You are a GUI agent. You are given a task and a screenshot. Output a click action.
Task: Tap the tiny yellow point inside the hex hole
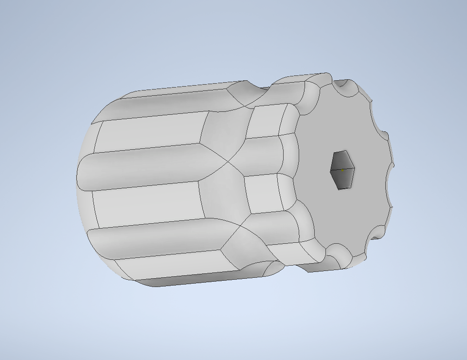tap(342, 170)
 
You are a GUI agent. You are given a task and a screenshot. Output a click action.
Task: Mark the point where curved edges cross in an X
tap(227, 161)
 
